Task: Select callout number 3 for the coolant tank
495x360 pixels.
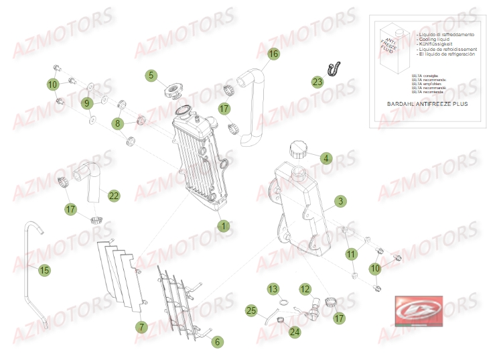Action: (x=340, y=201)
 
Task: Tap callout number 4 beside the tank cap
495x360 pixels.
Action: (x=326, y=159)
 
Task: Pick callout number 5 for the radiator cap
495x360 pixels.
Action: (x=152, y=76)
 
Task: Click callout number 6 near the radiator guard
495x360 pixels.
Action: (x=217, y=342)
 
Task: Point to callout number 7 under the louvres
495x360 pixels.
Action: (x=141, y=327)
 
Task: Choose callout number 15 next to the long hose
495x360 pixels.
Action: (x=44, y=271)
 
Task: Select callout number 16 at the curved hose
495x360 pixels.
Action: (x=273, y=54)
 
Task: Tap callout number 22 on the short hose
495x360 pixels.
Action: (x=114, y=196)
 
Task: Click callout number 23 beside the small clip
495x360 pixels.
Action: (x=317, y=82)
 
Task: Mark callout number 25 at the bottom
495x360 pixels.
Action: (x=251, y=310)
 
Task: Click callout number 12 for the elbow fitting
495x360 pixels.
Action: (x=305, y=290)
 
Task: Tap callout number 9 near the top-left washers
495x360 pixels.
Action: (x=86, y=103)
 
